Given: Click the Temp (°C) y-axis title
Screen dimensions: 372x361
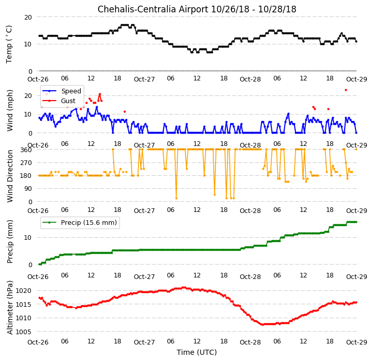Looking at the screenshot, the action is coord(9,44).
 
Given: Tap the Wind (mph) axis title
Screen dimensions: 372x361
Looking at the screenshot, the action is coord(10,111).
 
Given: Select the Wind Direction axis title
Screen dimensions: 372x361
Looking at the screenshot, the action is coord(10,176).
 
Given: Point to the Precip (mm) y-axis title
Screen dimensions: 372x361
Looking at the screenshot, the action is coord(10,242).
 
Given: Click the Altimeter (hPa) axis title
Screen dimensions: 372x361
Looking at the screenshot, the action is coord(10,307).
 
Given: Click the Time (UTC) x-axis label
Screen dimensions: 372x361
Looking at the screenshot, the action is coord(197,352).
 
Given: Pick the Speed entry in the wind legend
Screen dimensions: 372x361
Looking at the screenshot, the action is coord(62,91).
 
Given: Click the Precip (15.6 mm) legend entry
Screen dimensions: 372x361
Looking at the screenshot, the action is coord(80,222).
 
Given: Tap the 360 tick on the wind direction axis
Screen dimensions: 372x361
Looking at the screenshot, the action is coord(26,150).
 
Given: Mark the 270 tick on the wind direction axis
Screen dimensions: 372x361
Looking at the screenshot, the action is coord(26,163).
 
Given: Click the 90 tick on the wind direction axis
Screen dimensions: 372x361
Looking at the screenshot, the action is coord(28,189).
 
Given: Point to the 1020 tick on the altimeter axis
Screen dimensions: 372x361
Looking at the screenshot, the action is coord(24,291).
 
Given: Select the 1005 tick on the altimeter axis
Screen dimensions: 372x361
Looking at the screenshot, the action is coord(24,332).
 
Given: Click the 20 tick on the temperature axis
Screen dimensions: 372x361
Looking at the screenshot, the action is coord(28,18).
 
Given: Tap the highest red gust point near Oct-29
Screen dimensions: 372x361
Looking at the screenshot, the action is coord(346,90).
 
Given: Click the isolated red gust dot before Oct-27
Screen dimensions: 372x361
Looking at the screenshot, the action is coord(125,111).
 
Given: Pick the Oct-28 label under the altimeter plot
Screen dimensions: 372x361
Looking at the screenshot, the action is coord(250,342).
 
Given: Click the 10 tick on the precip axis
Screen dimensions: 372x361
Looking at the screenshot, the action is coord(28,238).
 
